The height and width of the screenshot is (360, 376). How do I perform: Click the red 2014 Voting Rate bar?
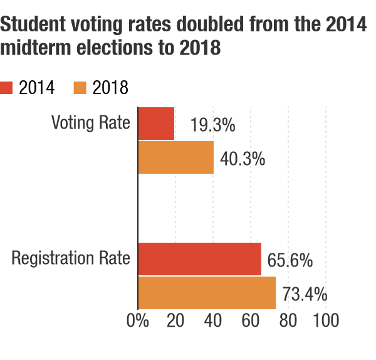156,124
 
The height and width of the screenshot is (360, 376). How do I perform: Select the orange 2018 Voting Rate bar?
176,157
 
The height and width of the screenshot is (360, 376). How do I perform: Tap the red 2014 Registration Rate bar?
200,259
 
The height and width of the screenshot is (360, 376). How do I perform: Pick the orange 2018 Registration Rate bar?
207,293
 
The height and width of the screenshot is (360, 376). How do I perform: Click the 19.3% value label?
212,125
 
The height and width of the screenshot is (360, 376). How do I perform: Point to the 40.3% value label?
243,159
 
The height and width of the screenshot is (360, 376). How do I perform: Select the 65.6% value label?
290,260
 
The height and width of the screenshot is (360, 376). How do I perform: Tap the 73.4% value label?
305,294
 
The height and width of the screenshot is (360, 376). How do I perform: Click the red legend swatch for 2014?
6,88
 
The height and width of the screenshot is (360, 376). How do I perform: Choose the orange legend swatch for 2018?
80,88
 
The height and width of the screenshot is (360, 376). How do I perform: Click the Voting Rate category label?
91,123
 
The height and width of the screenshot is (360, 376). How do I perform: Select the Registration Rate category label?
71,258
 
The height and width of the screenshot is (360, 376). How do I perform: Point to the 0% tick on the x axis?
138,320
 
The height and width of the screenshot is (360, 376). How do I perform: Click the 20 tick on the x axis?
175,320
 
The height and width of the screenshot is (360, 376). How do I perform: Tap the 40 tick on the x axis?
213,320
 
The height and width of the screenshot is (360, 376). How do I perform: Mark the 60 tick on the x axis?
251,320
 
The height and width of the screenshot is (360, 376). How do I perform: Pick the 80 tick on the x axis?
288,320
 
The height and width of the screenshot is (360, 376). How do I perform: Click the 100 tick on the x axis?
326,320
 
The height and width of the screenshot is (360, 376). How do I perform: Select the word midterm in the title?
36,48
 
